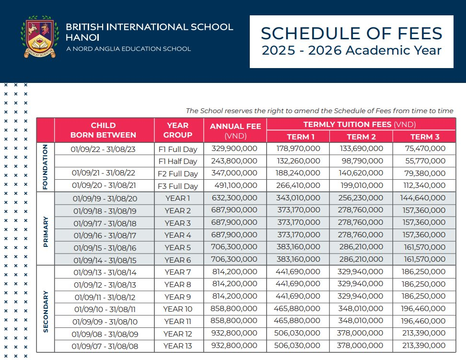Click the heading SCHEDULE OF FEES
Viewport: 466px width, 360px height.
pos(351,33)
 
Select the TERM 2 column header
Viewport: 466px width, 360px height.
pos(361,137)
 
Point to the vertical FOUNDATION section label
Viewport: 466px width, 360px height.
pos(46,167)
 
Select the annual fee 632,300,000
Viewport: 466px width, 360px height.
pos(234,198)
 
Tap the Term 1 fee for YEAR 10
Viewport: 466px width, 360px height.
pos(298,309)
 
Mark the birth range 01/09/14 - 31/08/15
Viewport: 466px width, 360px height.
pos(104,260)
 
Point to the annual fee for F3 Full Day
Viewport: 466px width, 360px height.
pos(234,186)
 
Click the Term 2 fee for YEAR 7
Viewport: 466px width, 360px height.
pos(361,272)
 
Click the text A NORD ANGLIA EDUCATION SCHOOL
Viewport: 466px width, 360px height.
pos(128,49)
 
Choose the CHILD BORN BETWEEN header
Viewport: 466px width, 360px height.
pos(104,130)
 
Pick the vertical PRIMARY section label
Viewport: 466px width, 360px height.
pos(46,229)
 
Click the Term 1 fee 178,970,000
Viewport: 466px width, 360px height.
pos(298,149)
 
